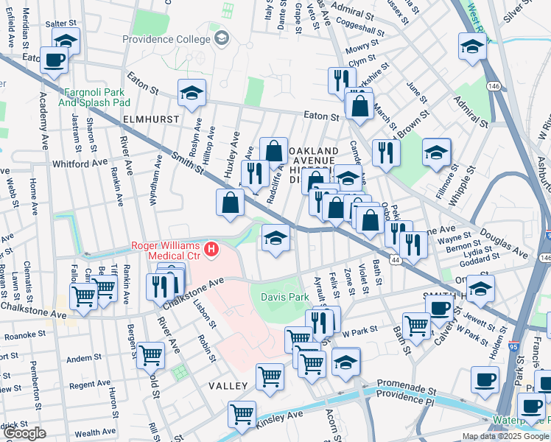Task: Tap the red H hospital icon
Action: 213,250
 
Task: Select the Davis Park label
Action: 284,297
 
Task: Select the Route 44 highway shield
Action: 396,261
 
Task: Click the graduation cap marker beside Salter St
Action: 66,41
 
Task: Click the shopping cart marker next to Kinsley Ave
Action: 242,414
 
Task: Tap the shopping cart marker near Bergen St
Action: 150,354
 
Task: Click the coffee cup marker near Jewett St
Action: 440,307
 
